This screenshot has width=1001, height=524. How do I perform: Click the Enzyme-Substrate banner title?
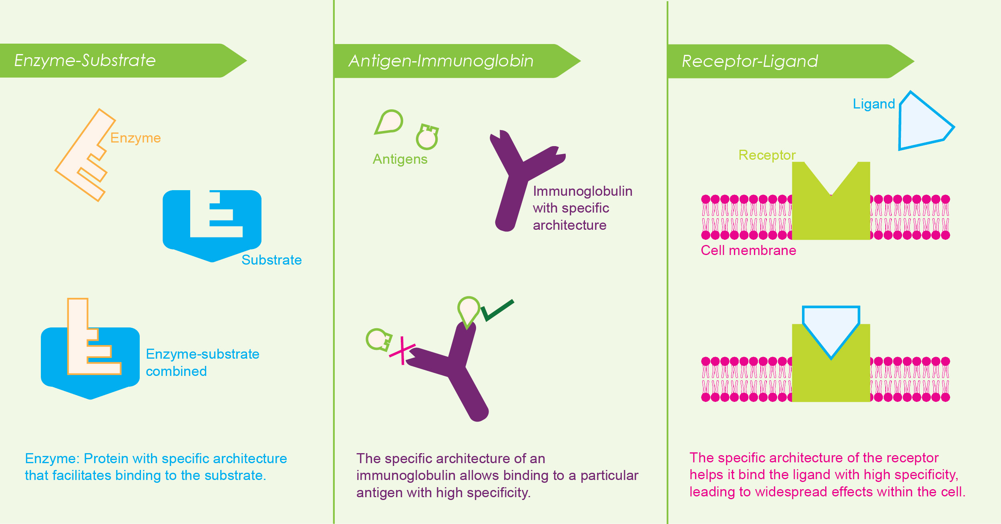tap(85, 60)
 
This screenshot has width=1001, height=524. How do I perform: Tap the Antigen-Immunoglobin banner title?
tap(441, 61)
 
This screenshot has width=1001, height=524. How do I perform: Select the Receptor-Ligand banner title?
tap(750, 62)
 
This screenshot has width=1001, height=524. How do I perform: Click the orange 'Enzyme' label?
tap(135, 138)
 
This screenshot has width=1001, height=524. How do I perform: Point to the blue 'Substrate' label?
tap(271, 260)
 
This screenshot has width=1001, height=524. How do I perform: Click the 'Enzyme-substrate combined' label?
tap(202, 363)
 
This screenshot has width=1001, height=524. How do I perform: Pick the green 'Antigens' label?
tap(400, 159)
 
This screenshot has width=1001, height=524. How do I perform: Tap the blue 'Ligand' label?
tap(874, 104)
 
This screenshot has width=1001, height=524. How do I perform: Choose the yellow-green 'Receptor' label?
tap(767, 155)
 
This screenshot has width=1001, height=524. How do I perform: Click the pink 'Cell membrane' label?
tap(748, 251)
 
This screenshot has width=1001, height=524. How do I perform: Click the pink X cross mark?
tap(402, 350)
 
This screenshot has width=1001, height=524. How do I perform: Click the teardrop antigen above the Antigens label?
tap(388, 122)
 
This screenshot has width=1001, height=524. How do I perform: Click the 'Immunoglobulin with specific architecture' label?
tap(583, 208)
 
